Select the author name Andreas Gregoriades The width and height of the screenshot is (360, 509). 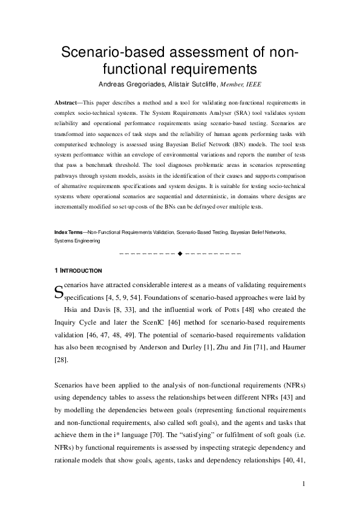(x=125, y=83)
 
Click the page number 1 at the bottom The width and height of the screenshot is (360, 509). (x=304, y=484)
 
